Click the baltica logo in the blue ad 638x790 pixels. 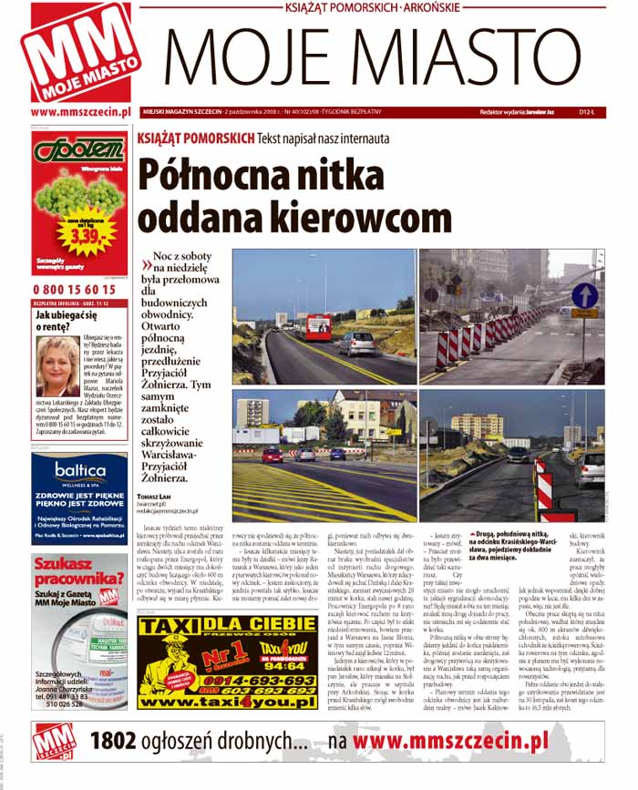pos(80,470)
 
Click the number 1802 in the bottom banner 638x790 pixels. pos(115,741)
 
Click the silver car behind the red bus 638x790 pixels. pos(358,343)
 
